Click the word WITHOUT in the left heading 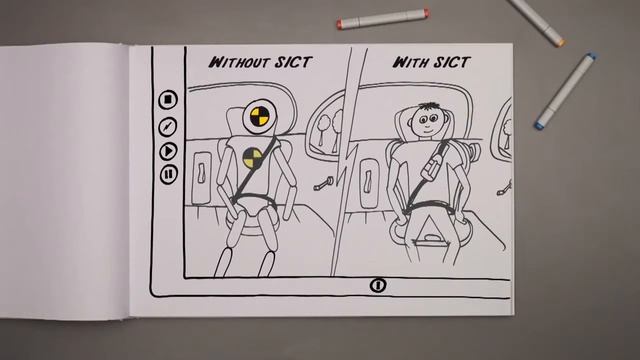(x=239, y=62)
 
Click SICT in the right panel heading (x=452, y=62)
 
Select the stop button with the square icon (x=168, y=100)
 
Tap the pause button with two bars (x=168, y=174)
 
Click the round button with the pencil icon (x=167, y=127)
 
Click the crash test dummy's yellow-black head (x=260, y=116)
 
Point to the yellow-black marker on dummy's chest (x=253, y=158)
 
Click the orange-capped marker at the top (x=382, y=18)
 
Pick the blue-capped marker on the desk (x=565, y=91)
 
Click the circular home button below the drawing (x=378, y=285)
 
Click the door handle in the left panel (x=201, y=172)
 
